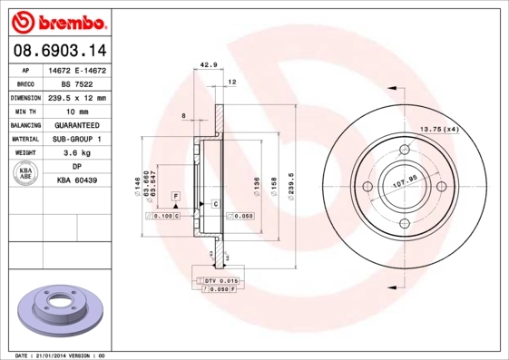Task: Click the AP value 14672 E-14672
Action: (x=77, y=69)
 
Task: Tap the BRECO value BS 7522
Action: (x=77, y=83)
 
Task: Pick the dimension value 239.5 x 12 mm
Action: (x=77, y=97)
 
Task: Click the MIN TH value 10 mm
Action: (x=77, y=111)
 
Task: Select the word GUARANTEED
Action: (x=77, y=125)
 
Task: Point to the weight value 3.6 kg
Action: (x=77, y=153)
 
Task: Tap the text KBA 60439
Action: (x=77, y=181)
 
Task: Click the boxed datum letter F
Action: (x=175, y=197)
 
